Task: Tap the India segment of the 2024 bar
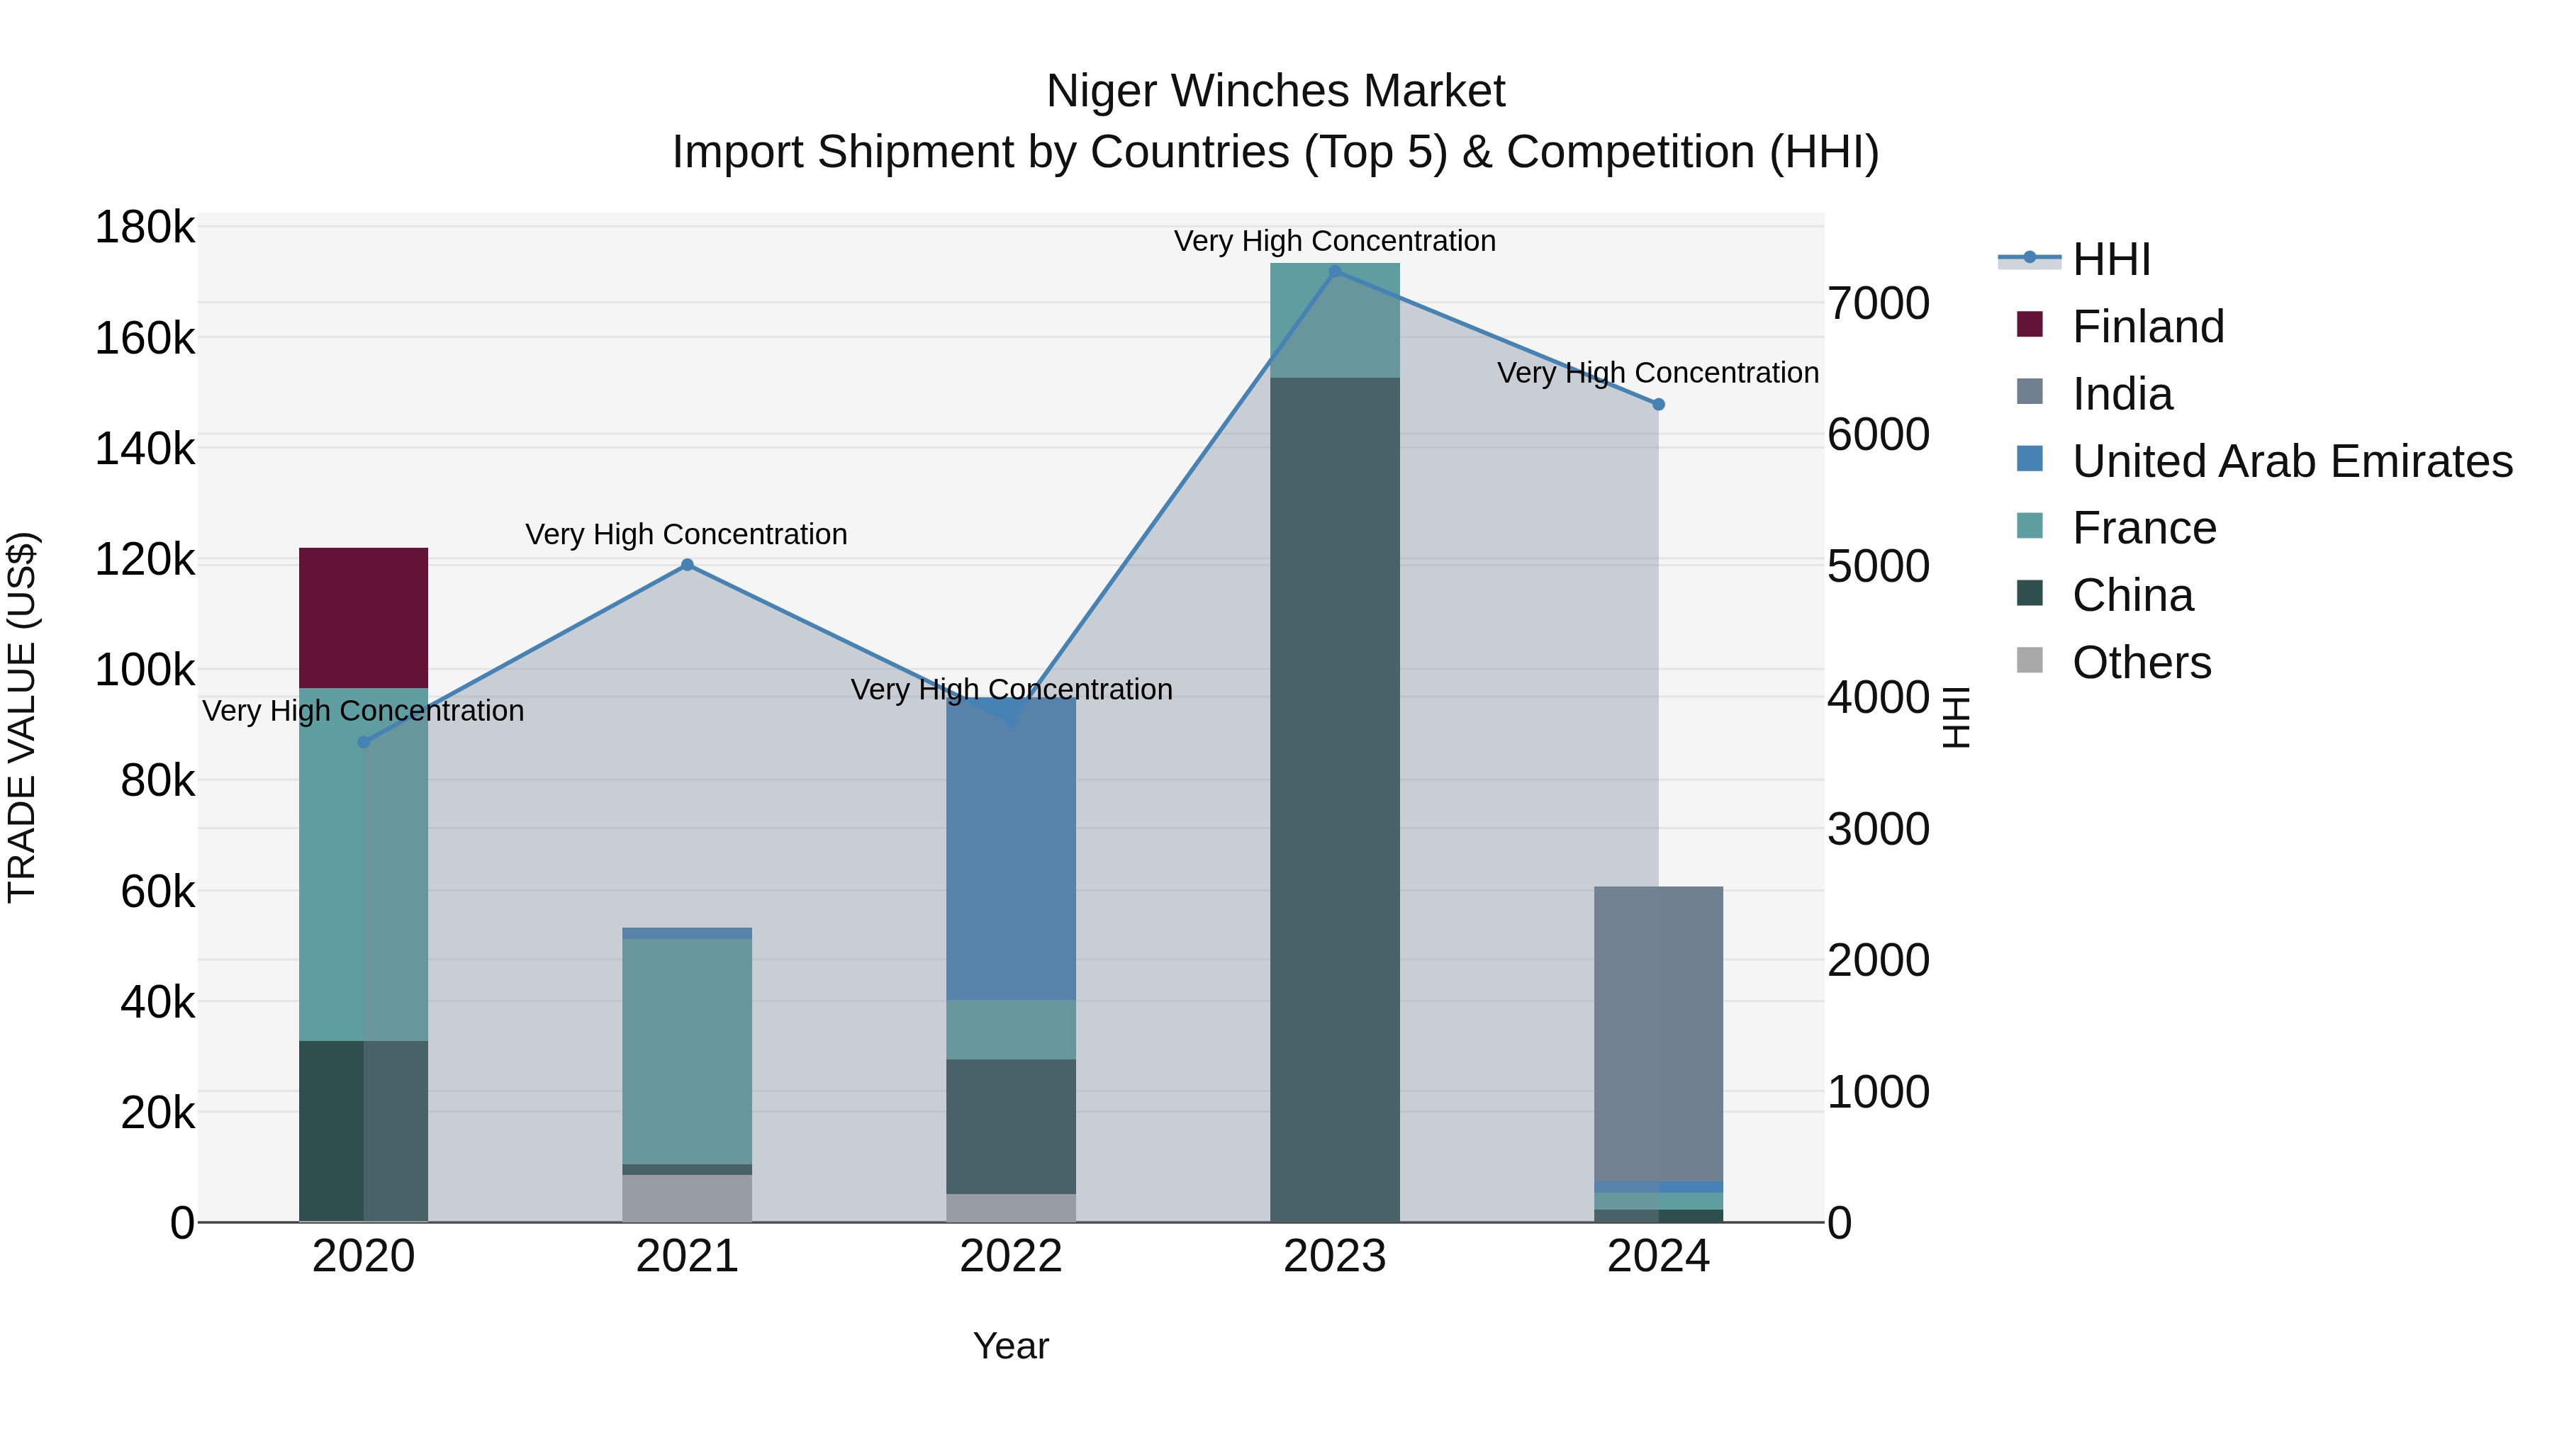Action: (x=1657, y=1033)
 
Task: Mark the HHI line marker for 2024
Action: (x=1658, y=404)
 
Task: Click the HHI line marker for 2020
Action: (x=364, y=742)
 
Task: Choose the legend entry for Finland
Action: (x=2147, y=327)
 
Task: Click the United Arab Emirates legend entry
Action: (x=2291, y=461)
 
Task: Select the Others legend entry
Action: (x=2141, y=663)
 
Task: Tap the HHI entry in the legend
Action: (x=2110, y=259)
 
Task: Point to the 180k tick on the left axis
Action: (x=145, y=227)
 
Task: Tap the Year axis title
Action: (x=1010, y=1346)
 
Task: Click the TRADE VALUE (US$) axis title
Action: (x=23, y=717)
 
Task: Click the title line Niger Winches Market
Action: (x=1275, y=91)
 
